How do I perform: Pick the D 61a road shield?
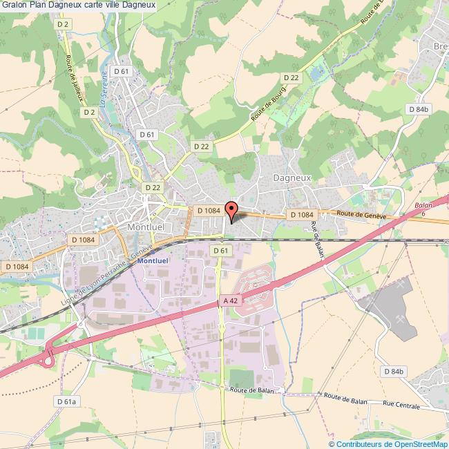pyautogui.click(x=66, y=401)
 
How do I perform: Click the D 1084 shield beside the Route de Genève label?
pyautogui.click(x=302, y=215)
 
